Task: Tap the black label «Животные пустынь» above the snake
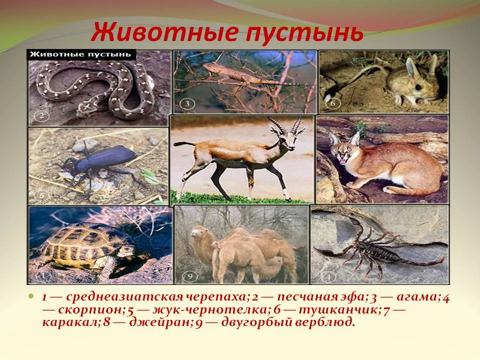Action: pyautogui.click(x=81, y=55)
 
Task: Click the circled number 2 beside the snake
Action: pyautogui.click(x=41, y=116)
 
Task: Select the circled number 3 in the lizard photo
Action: pyautogui.click(x=186, y=104)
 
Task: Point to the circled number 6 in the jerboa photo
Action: pyautogui.click(x=332, y=103)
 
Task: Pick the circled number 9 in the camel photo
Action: pyautogui.click(x=189, y=276)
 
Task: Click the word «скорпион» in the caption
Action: pyautogui.click(x=90, y=310)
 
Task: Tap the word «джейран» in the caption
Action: pyautogui.click(x=160, y=322)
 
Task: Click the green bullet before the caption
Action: pyautogui.click(x=30, y=296)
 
